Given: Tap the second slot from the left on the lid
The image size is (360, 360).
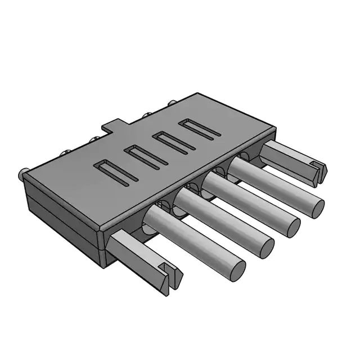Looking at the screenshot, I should coord(145,156).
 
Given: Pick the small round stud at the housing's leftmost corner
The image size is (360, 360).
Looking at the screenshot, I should coord(24,174).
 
